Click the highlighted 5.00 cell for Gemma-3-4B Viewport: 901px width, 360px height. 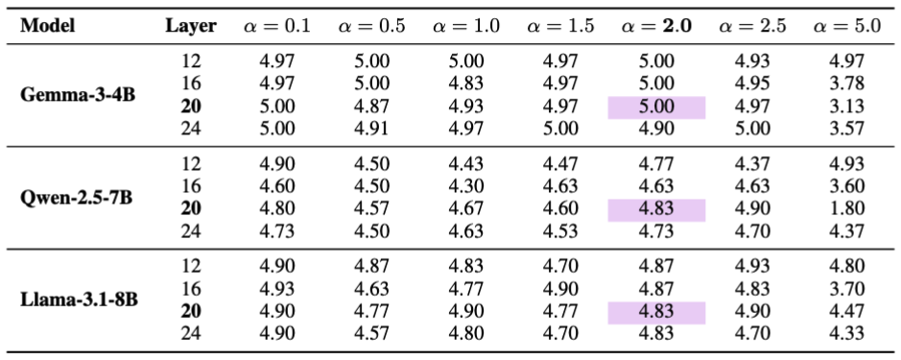pos(656,107)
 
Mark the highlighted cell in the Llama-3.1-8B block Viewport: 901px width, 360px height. pos(656,312)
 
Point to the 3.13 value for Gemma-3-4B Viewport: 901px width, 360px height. pos(847,107)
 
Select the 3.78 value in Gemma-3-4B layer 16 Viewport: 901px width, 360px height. pos(847,84)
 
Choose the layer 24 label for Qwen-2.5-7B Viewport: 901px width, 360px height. pos(191,231)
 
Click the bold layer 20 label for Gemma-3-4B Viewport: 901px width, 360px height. pos(191,107)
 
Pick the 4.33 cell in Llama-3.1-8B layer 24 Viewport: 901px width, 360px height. pos(847,334)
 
